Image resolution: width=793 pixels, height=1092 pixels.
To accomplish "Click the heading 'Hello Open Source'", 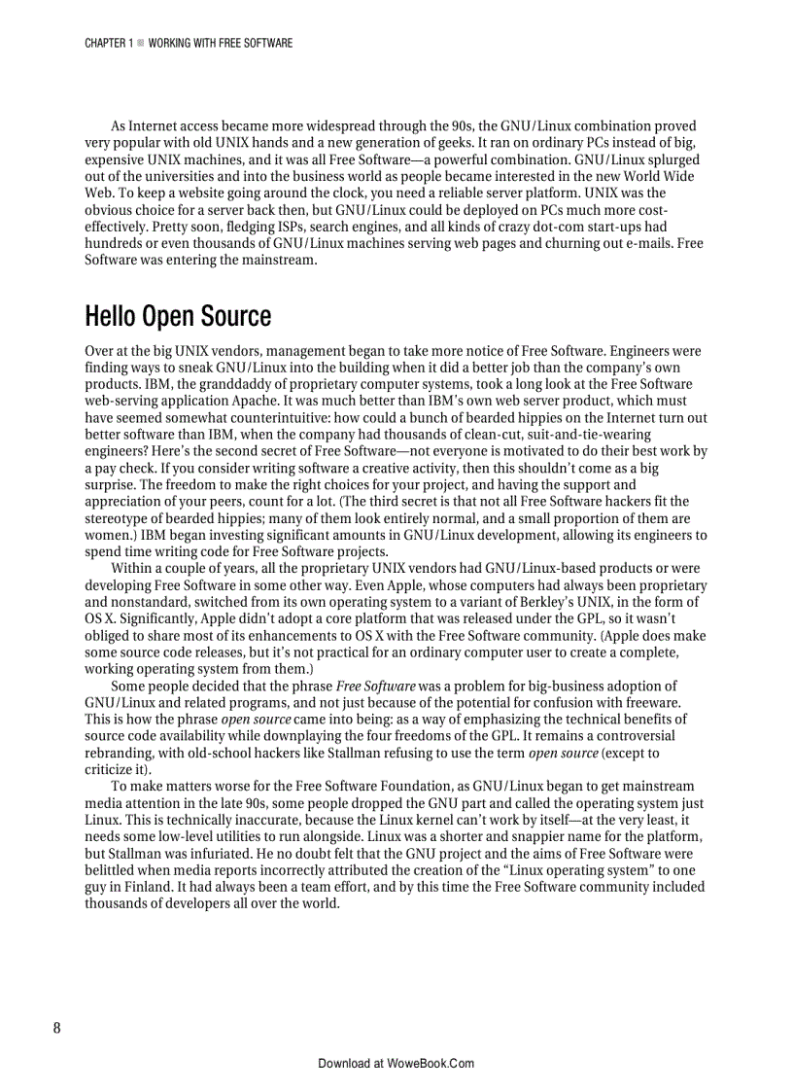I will pyautogui.click(x=178, y=317).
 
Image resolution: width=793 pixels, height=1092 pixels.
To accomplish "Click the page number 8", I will pyautogui.click(x=57, y=1029).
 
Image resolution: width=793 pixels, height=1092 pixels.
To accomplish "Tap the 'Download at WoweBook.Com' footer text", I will pyautogui.click(x=396, y=1064).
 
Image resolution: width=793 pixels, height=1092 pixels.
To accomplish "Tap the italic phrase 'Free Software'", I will pyautogui.click(x=376, y=687).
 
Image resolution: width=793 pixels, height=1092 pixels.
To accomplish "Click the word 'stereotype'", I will pyautogui.click(x=116, y=518).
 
